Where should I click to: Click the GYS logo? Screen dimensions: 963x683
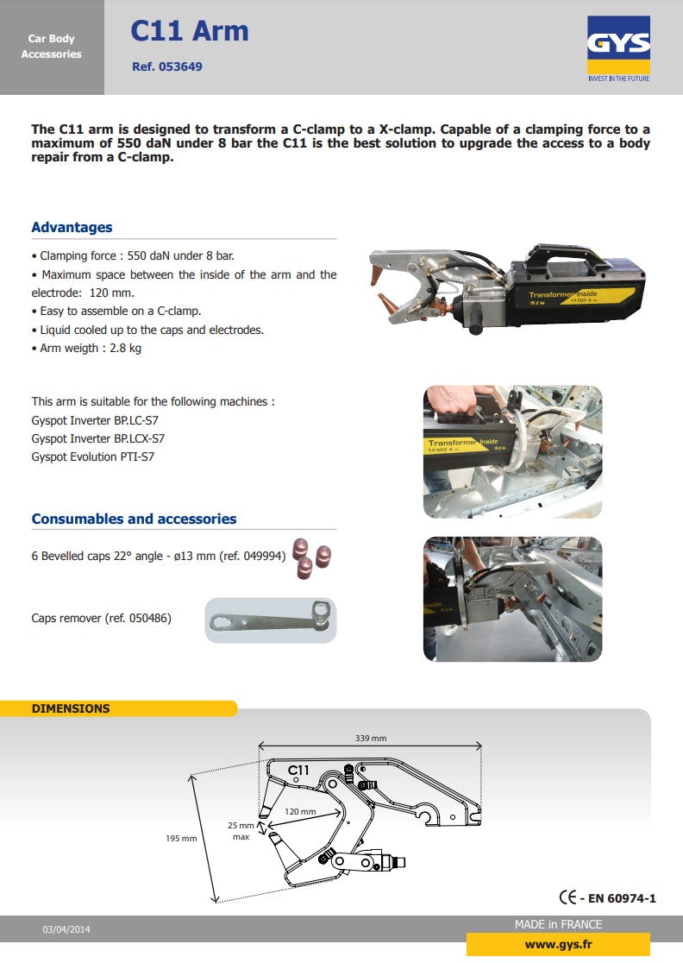click(x=618, y=48)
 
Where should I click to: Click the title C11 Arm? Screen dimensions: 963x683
click(x=189, y=31)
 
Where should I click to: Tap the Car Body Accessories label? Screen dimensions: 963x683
click(x=52, y=47)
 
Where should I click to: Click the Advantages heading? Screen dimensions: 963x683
click(x=72, y=228)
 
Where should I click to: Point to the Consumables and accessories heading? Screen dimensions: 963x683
click(x=134, y=519)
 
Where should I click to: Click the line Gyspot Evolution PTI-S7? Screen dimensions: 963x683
click(x=97, y=456)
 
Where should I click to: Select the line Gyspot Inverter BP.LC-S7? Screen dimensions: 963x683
click(x=95, y=420)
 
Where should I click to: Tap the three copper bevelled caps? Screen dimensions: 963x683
click(x=310, y=559)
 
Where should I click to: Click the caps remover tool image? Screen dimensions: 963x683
click(x=270, y=620)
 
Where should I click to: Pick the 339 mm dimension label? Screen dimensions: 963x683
click(x=371, y=738)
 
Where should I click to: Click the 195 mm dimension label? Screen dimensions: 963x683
click(x=181, y=838)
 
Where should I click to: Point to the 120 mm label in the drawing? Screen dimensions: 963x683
click(x=300, y=812)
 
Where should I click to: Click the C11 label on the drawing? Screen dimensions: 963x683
click(x=298, y=769)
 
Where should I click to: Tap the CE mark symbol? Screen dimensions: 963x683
click(x=569, y=897)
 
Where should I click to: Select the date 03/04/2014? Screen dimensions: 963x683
click(x=66, y=929)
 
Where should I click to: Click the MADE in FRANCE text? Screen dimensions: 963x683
click(x=558, y=924)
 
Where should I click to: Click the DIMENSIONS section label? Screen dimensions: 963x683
click(x=71, y=708)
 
